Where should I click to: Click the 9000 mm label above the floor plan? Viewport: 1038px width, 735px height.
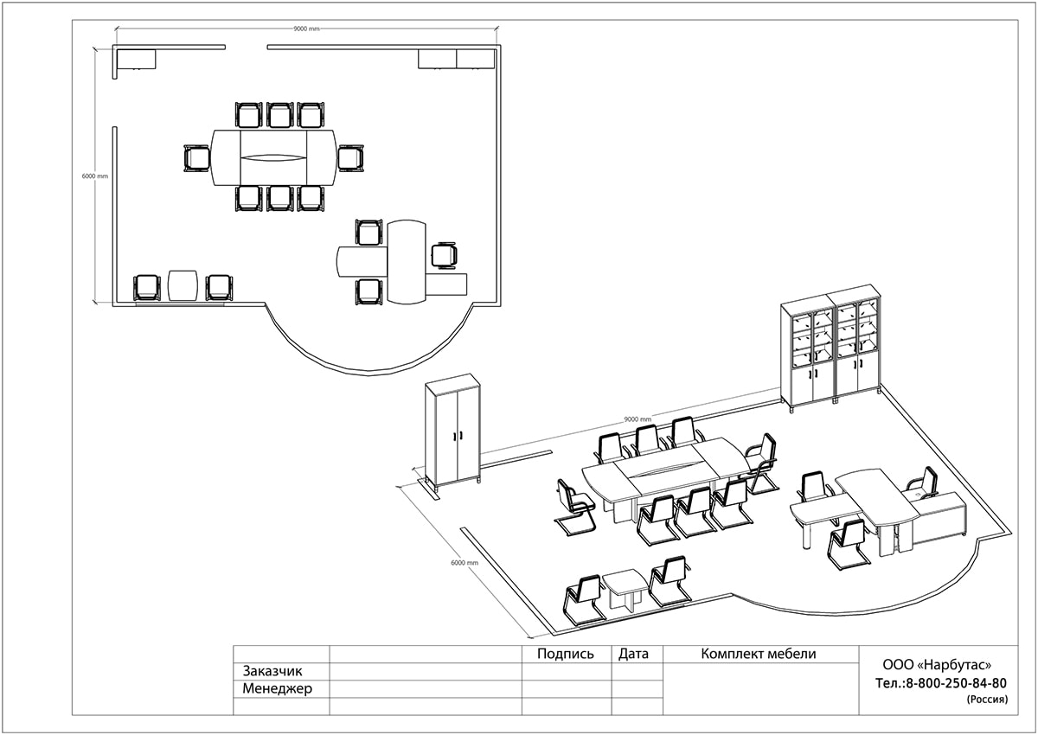pos(306,29)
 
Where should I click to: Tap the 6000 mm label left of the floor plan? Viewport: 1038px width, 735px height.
pos(95,176)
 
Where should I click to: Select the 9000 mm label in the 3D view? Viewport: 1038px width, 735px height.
pos(638,419)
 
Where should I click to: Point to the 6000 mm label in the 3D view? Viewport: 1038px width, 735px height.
pos(465,562)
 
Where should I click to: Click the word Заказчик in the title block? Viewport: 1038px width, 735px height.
pos(272,671)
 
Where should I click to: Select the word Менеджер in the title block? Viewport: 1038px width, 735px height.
pos(277,688)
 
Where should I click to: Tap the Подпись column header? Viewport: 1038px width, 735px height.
pos(566,654)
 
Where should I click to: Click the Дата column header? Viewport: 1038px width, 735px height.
pos(633,654)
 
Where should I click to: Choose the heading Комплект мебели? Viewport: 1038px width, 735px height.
pos(758,654)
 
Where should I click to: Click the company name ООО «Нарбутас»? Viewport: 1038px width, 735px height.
pos(937,665)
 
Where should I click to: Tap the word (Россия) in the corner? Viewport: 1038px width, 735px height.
pos(987,700)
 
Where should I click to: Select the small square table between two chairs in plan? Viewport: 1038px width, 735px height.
pos(183,285)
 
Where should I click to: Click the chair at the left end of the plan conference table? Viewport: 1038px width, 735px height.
pos(196,158)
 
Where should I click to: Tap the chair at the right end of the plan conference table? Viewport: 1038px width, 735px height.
pos(351,158)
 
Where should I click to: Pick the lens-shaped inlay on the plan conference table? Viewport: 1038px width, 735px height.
pos(274,158)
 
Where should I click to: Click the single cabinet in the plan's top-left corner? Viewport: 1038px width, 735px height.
pos(137,60)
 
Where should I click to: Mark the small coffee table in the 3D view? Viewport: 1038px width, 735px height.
pos(625,590)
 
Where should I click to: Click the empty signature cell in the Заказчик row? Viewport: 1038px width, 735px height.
pos(567,672)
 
